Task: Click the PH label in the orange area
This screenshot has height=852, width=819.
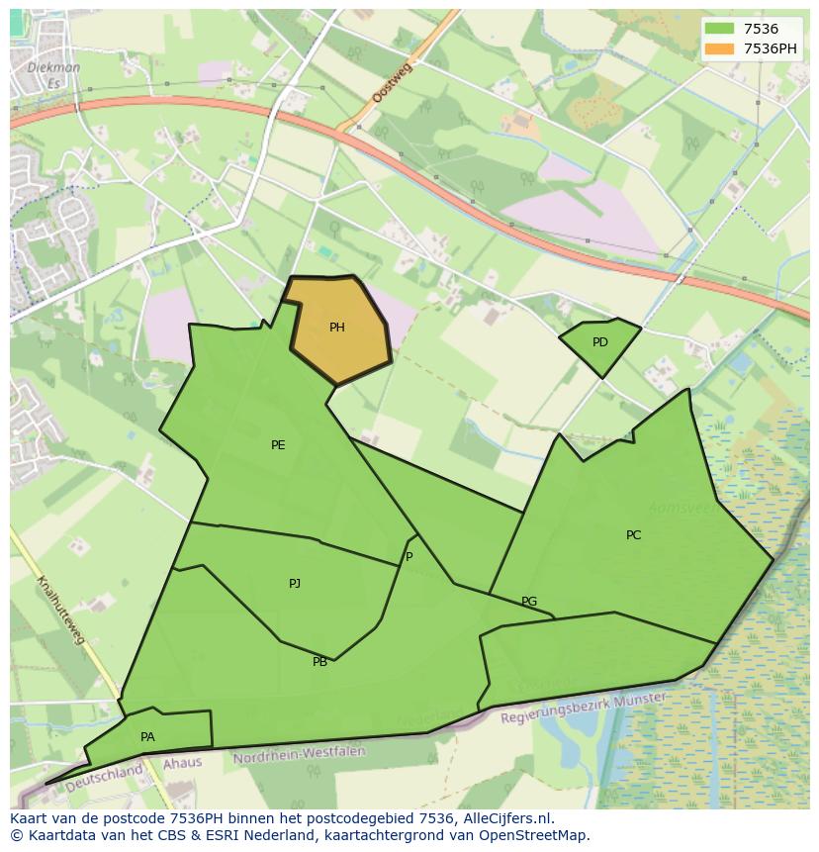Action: [x=337, y=328]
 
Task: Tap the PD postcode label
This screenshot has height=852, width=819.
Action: [x=600, y=342]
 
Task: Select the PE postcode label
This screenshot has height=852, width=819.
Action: [x=278, y=445]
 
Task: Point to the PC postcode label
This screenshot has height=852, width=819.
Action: [x=633, y=535]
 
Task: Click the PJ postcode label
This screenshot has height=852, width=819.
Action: [x=295, y=584]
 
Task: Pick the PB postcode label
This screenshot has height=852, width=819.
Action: [x=319, y=662]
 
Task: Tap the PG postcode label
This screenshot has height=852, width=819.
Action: [x=529, y=602]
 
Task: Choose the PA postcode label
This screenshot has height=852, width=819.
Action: [x=147, y=737]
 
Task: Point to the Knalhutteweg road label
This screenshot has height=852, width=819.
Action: [x=60, y=610]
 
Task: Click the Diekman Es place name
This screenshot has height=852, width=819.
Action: [x=54, y=75]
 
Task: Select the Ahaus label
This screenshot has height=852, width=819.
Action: [x=182, y=763]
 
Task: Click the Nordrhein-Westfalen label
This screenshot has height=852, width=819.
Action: [x=299, y=755]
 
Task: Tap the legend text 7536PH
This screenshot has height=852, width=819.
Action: [x=771, y=47]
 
